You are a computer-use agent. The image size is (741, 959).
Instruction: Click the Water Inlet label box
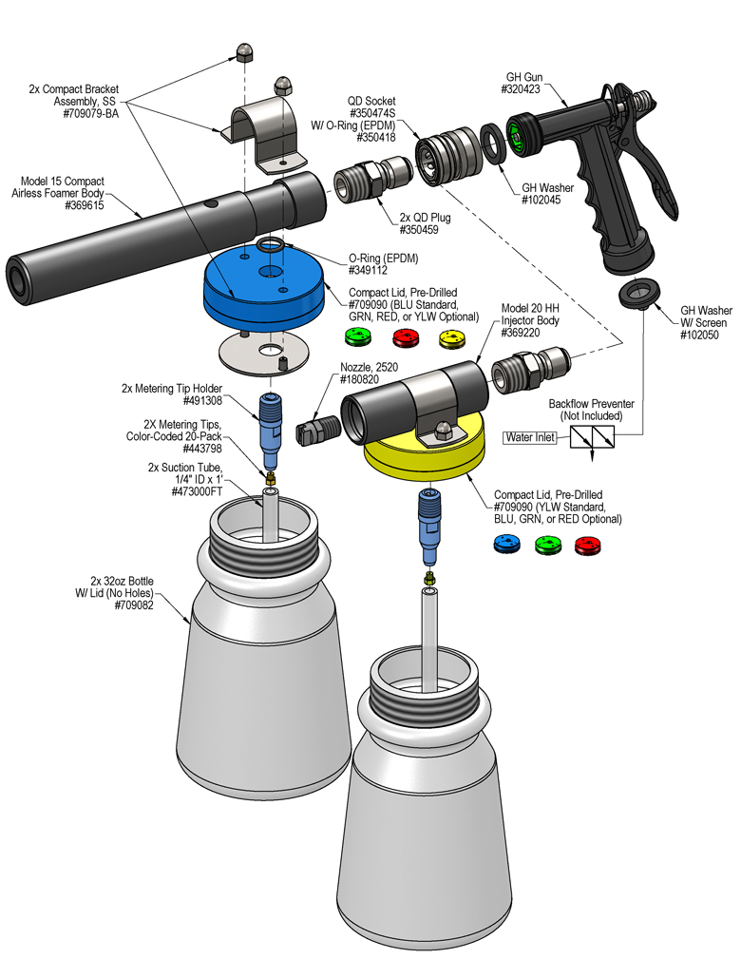pyautogui.click(x=533, y=437)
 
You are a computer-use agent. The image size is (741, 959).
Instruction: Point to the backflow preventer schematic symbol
pyautogui.click(x=592, y=437)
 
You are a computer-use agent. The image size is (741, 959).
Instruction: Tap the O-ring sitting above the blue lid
pyautogui.click(x=269, y=246)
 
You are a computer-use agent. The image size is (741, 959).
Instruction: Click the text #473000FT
pyautogui.click(x=189, y=492)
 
